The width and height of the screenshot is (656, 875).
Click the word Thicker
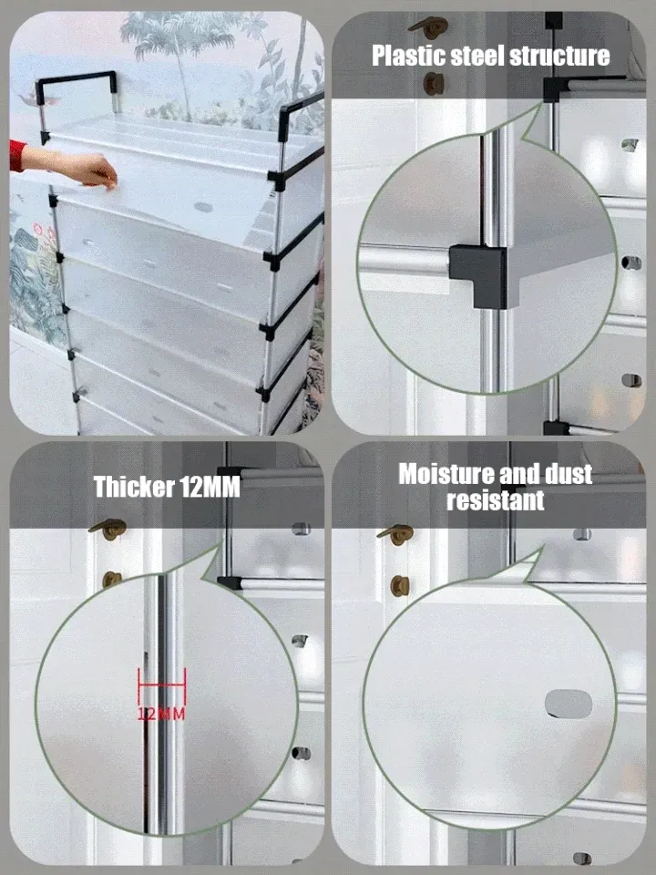pos(129,486)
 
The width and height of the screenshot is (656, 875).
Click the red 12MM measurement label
pos(161,714)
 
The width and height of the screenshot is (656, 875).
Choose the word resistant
pos(496,499)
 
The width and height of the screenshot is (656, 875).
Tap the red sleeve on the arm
pos(17,156)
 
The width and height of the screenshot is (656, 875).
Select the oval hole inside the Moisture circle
pos(568,703)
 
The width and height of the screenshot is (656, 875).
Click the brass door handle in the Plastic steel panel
pos(429,27)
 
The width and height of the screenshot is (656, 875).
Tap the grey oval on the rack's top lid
pos(203,207)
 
